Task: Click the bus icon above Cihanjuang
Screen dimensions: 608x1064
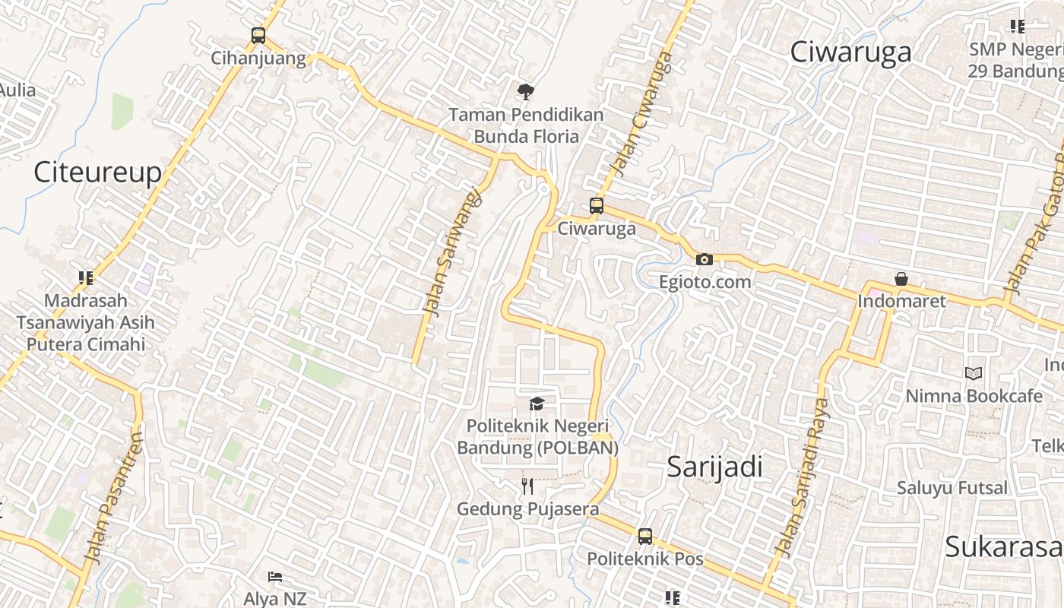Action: coord(258,36)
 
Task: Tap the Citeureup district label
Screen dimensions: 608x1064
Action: coord(97,173)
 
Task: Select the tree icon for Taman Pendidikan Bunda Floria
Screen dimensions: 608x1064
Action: coord(524,93)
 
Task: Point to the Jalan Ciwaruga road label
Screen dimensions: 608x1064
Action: coord(642,114)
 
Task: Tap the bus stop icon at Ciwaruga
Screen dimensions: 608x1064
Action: coord(597,206)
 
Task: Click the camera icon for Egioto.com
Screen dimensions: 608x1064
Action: coord(705,260)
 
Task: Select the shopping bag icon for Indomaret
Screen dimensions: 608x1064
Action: coord(901,279)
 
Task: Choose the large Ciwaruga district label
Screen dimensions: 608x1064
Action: coord(850,52)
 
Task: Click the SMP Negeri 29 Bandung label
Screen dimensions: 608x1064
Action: coord(1015,60)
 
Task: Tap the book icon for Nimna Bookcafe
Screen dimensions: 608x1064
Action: coord(974,373)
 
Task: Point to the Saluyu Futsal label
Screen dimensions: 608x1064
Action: coord(952,488)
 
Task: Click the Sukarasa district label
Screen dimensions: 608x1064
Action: coord(1003,546)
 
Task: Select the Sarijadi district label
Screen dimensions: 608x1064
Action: coord(714,467)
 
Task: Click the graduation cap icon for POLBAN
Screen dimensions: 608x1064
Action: coord(537,404)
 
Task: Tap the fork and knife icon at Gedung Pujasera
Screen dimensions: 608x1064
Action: coord(527,486)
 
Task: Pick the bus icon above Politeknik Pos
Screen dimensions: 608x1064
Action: coord(645,537)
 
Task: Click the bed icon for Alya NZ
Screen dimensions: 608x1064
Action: coord(275,578)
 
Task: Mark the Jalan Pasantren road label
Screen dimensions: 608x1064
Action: coord(115,498)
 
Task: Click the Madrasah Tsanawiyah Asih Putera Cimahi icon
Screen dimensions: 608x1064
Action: coord(86,278)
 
